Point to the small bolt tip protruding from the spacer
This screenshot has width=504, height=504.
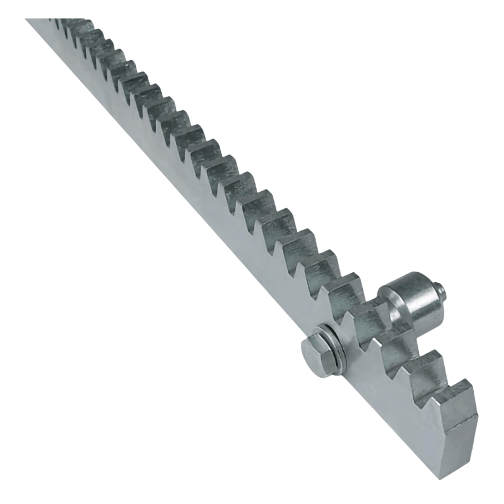coord(441,290)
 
